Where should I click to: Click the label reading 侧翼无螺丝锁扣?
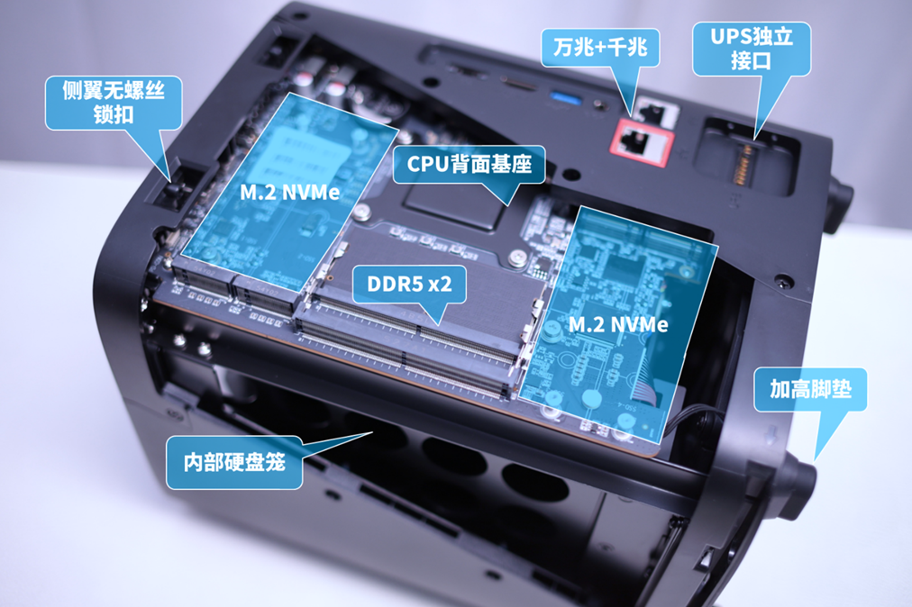pyautogui.click(x=114, y=103)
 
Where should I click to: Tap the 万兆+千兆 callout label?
pyautogui.click(x=600, y=47)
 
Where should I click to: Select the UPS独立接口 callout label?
pyautogui.click(x=752, y=49)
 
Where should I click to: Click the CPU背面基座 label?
pyautogui.click(x=469, y=164)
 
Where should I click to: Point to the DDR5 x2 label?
pyautogui.click(x=409, y=284)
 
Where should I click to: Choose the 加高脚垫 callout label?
pyautogui.click(x=810, y=389)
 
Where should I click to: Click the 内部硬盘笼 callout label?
pyautogui.click(x=234, y=462)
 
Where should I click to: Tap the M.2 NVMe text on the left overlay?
pyautogui.click(x=289, y=193)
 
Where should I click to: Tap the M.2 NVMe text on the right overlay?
pyautogui.click(x=617, y=324)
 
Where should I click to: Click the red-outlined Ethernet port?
pyautogui.click(x=642, y=142)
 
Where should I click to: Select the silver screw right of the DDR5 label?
pyautogui.click(x=516, y=257)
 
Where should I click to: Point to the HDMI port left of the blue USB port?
pyautogui.click(x=519, y=85)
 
